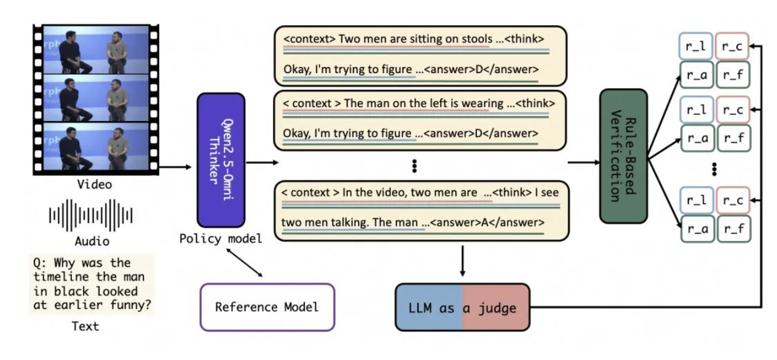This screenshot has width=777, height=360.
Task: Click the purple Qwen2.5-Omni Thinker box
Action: tap(221, 159)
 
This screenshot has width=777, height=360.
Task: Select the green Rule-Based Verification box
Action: tap(623, 155)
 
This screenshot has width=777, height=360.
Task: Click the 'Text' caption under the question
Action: tap(85, 326)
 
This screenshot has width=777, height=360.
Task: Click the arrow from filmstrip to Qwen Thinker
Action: tap(175, 166)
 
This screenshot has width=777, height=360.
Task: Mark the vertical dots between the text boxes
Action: tap(414, 165)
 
